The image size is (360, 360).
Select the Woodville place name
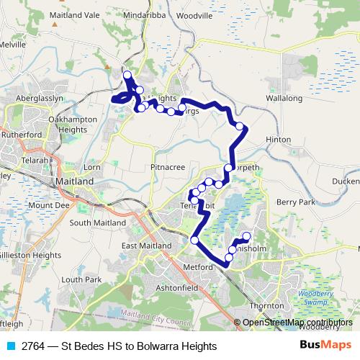pyautogui.click(x=194, y=14)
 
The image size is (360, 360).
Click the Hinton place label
pyautogui.click(x=279, y=140)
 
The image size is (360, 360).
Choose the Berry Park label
pyautogui.click(x=296, y=203)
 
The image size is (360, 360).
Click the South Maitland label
pyautogui.click(x=95, y=223)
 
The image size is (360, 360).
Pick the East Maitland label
pyautogui.click(x=147, y=246)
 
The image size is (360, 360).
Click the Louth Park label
pyautogui.click(x=81, y=279)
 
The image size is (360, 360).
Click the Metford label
pyautogui.click(x=198, y=267)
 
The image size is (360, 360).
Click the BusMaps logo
pyautogui.click(x=325, y=346)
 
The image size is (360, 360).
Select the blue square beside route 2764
pyautogui.click(x=11, y=346)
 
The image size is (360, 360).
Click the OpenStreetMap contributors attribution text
pyautogui.click(x=297, y=323)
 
